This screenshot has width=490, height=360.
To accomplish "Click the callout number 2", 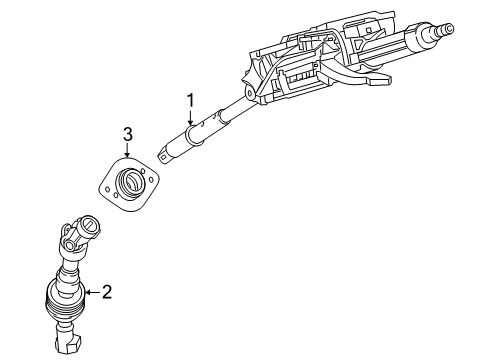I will point(107,292).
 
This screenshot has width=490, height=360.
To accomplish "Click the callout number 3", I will point(127,134).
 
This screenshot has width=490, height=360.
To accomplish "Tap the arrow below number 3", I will point(127,154).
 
